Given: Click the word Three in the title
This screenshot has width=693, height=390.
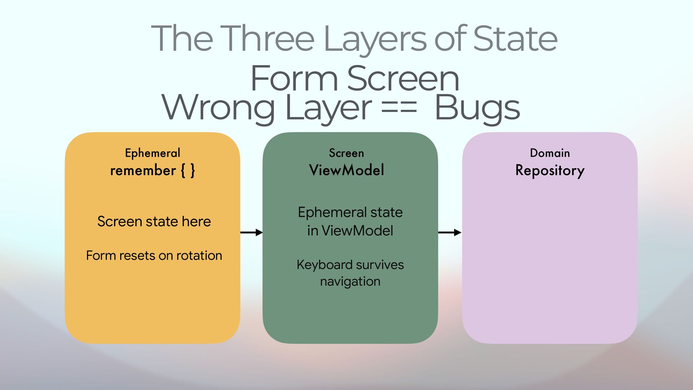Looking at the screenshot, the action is coord(267,38).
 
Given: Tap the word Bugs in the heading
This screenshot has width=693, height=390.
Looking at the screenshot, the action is coord(477,108).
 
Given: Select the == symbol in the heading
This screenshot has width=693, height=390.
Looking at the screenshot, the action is coord(399,108).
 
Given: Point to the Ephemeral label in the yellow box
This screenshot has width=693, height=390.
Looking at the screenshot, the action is coord(152,153).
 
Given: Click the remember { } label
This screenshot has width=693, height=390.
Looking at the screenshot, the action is coord(152,170).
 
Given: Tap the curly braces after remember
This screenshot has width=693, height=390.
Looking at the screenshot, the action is coord(188,170).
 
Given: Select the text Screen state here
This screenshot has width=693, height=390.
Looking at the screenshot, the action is coord(154,221).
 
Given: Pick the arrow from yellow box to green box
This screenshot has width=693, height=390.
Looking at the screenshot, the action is coord(251,233).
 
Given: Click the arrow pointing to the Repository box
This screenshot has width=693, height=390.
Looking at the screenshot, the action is coord(450,233).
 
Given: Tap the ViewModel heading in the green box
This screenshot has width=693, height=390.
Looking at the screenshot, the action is coord(346,170).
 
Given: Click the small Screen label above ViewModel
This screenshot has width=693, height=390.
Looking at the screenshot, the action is coord(346,153).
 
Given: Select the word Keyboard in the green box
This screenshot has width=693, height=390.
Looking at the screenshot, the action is coord(319,265).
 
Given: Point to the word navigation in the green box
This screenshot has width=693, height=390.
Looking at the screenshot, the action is coord(350,281).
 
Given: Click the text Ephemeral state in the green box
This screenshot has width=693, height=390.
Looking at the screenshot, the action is coord(350,212).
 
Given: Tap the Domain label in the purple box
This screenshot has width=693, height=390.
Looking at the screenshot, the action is coord(550,153).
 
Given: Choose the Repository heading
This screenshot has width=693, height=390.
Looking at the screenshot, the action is coord(550,170).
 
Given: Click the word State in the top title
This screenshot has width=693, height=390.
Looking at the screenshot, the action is coord(515,38).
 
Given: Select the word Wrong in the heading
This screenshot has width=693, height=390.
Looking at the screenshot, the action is coord(218,108).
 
